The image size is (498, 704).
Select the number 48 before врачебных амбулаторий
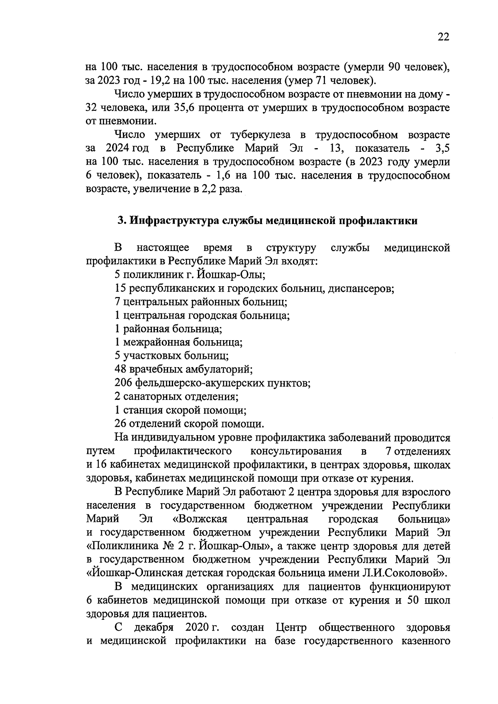120,369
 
